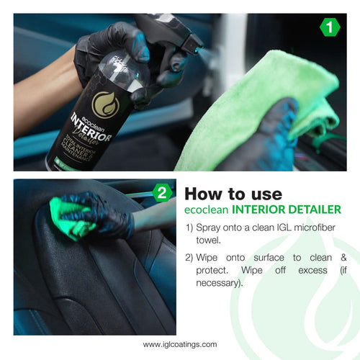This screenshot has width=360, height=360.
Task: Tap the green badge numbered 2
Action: pos(163,192)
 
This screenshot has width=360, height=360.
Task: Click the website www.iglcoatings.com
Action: pos(180,344)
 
